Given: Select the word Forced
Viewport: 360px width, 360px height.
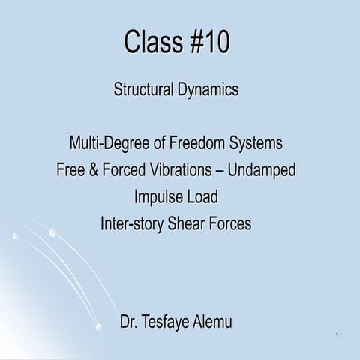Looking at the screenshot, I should (124, 170).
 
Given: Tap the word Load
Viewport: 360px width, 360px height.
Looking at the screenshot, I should (203, 197).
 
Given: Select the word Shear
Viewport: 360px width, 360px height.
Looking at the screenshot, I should (196, 224).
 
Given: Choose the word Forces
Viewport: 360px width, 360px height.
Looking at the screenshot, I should (239, 224).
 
